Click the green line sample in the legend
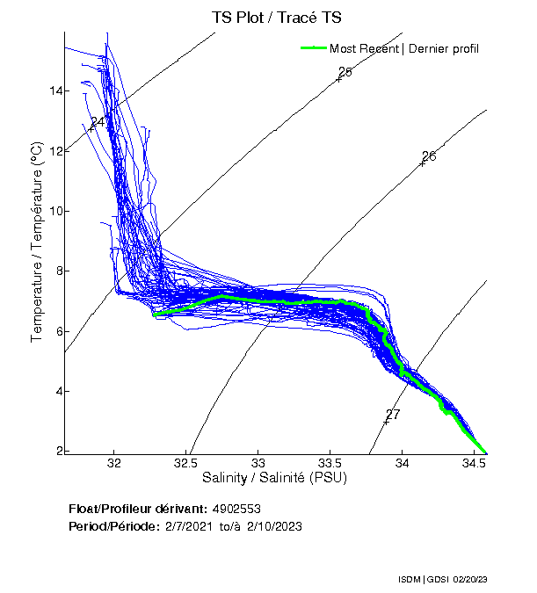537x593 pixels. click(x=313, y=48)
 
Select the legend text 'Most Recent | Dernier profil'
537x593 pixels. click(x=404, y=48)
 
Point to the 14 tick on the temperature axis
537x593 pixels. click(x=54, y=91)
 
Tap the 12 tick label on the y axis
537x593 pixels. click(x=54, y=151)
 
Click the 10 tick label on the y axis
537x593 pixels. click(x=54, y=211)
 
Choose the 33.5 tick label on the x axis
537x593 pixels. click(x=330, y=462)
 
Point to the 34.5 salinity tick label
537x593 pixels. click(x=475, y=462)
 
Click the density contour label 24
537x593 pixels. click(x=98, y=121)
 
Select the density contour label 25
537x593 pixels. click(x=345, y=72)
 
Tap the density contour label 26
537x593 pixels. click(x=429, y=156)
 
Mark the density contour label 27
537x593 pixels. click(x=393, y=415)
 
